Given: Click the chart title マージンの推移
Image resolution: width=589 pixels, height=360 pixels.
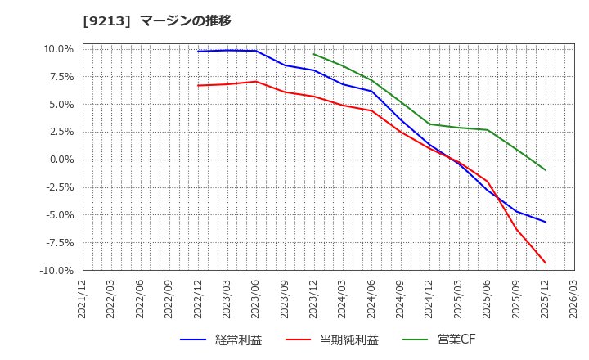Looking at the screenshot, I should coord(186,20).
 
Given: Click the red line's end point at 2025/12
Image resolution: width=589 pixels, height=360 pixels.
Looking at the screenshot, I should coord(546,263).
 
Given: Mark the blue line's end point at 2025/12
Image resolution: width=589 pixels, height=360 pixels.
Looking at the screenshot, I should coord(546,222).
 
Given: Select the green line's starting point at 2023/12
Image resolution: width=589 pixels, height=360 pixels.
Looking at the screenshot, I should coord(314,54).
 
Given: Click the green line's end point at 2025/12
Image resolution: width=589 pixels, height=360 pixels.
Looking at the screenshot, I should coord(546,170).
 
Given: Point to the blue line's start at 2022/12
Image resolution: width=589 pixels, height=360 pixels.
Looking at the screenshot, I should coord(198,52).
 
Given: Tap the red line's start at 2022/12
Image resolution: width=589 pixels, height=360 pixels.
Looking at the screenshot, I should coord(198,85).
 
